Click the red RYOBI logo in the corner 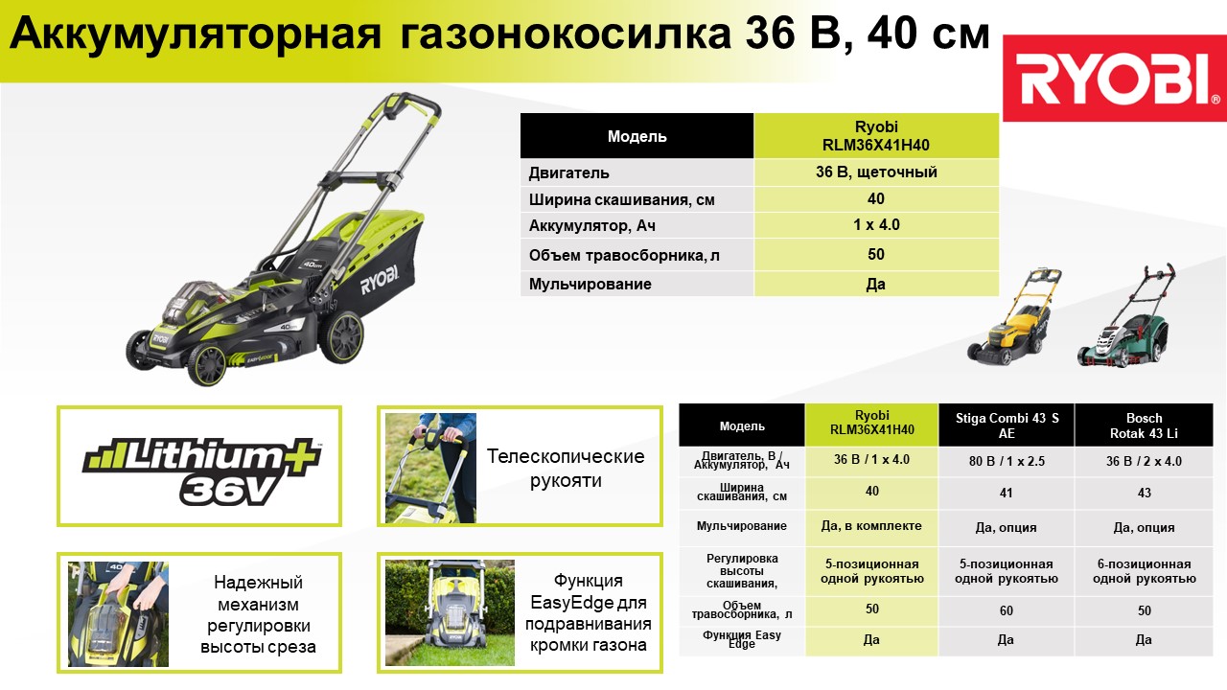1114,78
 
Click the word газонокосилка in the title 566,34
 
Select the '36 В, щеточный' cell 876,172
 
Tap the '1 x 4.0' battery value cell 876,225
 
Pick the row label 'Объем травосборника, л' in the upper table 624,255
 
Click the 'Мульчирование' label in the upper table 590,285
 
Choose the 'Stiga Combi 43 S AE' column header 1007,425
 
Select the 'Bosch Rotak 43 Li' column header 1144,425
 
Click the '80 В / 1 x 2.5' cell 1007,461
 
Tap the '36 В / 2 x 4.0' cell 1144,461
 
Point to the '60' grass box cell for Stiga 1007,610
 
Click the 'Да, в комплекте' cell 871,526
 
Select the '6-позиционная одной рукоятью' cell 1144,571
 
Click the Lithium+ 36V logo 201,471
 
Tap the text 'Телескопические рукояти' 566,469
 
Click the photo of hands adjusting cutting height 118,614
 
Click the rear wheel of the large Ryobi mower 342,336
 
